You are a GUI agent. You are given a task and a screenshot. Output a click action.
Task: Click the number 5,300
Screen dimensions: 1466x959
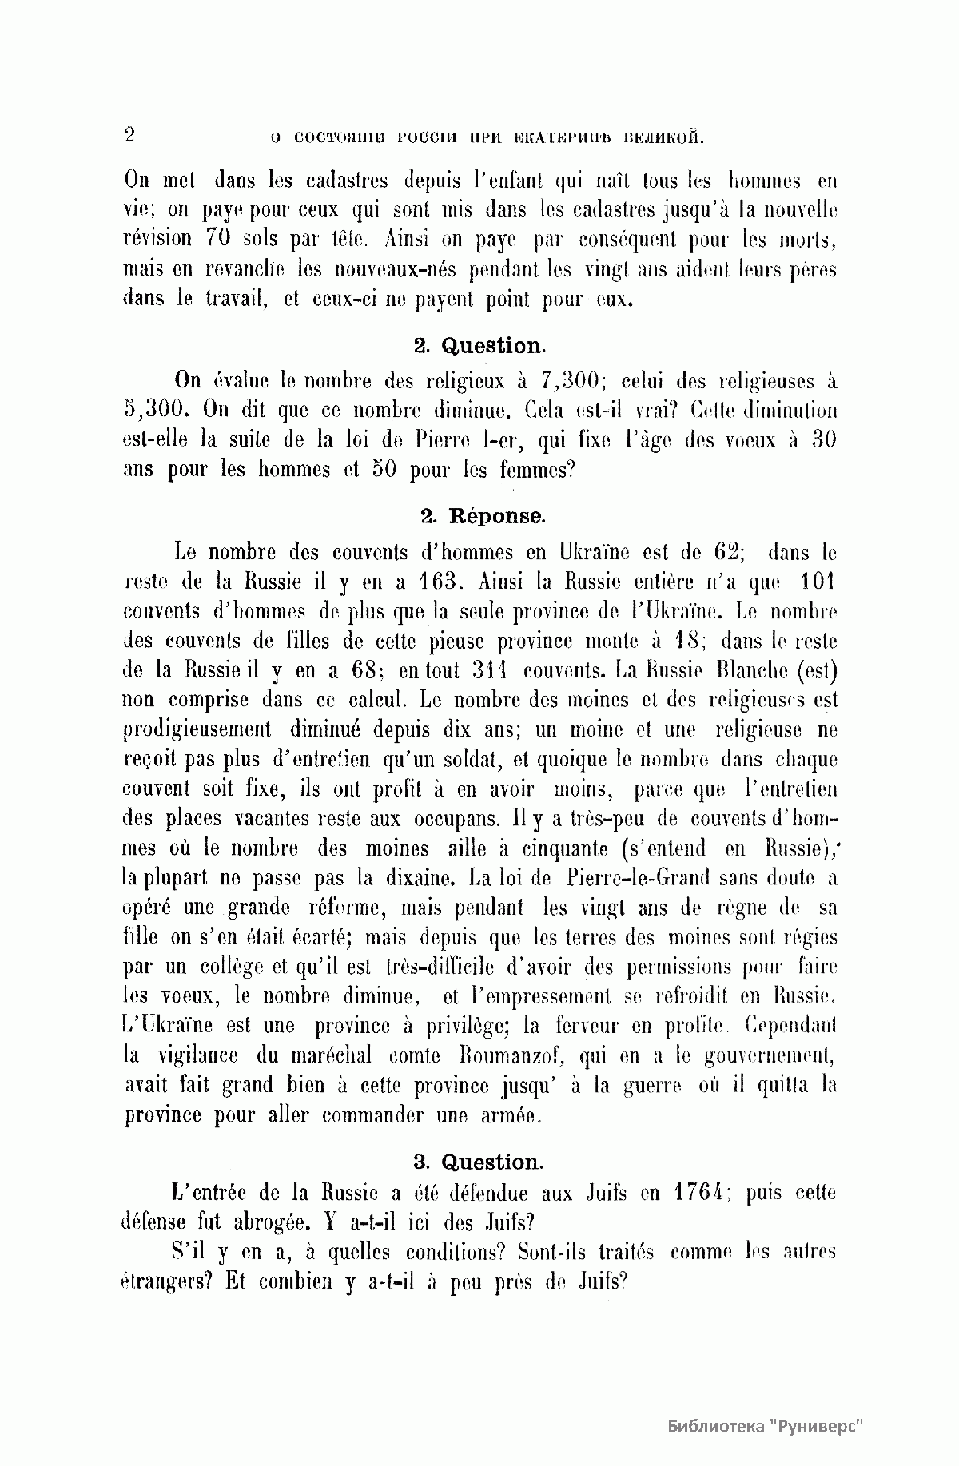(x=157, y=411)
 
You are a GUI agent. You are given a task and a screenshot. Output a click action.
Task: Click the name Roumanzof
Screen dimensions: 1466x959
(x=509, y=1056)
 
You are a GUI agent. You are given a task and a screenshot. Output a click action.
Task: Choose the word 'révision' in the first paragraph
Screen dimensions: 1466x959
(x=158, y=239)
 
